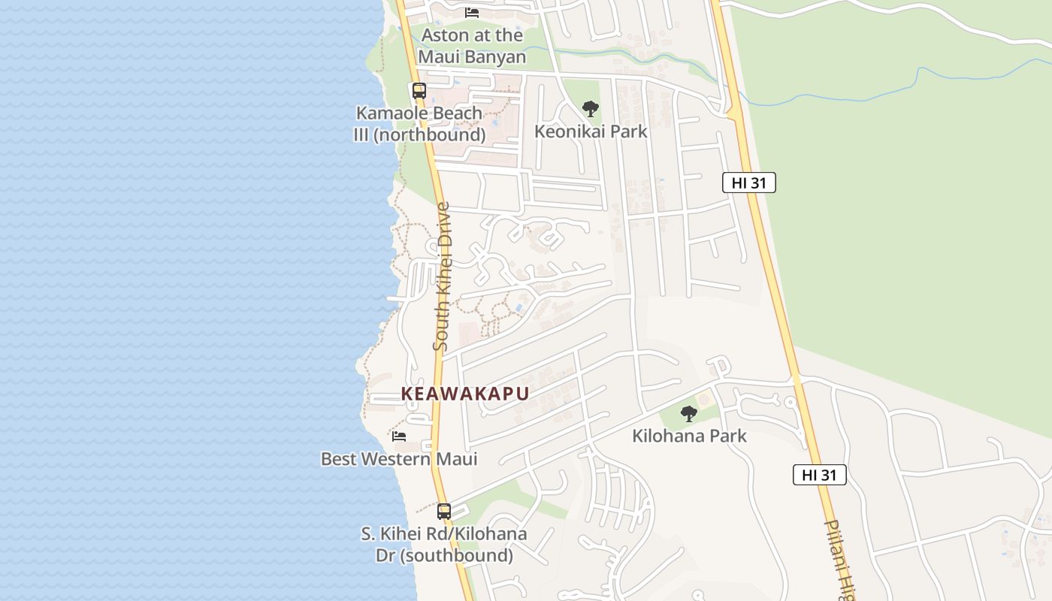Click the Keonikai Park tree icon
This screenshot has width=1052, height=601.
[591, 109]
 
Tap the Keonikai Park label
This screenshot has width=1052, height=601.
[591, 131]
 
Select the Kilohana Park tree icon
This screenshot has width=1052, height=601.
[689, 413]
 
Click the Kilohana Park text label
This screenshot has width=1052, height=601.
[689, 436]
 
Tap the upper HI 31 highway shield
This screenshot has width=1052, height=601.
[748, 183]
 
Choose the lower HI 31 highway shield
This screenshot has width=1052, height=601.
[819, 475]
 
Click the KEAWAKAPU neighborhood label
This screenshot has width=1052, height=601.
[465, 394]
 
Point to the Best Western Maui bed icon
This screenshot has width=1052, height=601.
[399, 436]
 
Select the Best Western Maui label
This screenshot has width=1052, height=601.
[399, 459]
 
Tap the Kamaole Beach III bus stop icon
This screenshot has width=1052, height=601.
[419, 91]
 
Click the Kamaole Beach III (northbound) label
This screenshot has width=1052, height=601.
[419, 124]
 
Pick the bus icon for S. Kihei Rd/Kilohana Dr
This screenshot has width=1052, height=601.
[444, 512]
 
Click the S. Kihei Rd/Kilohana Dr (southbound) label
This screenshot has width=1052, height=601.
[444, 545]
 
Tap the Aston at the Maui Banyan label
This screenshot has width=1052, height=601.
[472, 46]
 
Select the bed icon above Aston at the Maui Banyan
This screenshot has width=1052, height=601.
[472, 12]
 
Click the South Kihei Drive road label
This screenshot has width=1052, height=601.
[442, 276]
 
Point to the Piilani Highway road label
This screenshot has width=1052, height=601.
[839, 560]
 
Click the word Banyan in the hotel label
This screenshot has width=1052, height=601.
[492, 57]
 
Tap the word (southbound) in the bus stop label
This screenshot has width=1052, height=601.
[444, 556]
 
